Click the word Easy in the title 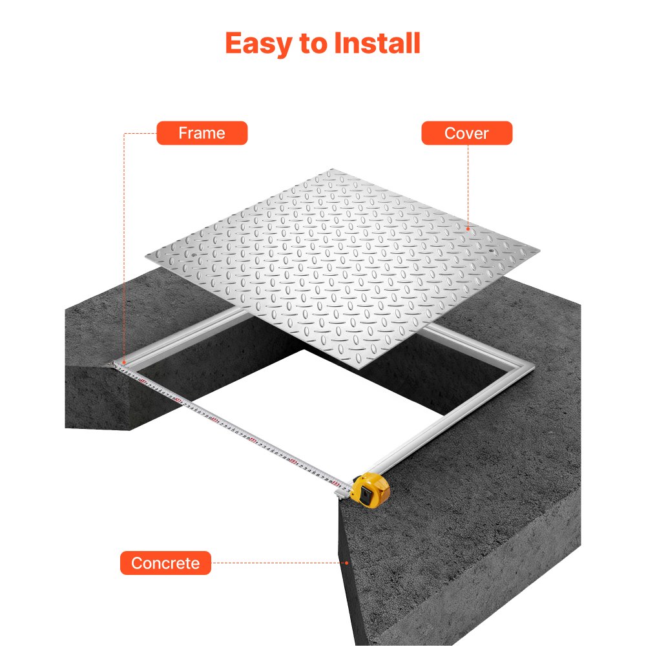[253, 43]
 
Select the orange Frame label [202, 133]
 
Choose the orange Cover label [466, 133]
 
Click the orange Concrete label [165, 563]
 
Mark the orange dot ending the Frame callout [123, 362]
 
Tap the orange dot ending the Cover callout [469, 227]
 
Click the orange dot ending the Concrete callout [348, 563]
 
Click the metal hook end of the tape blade [116, 366]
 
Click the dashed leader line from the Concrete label [278, 563]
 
